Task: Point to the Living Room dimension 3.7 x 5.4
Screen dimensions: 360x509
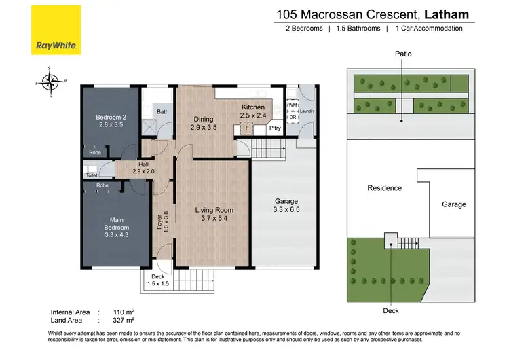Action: click(214, 219)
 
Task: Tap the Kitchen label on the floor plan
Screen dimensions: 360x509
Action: click(254, 107)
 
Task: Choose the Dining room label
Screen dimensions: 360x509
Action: click(203, 120)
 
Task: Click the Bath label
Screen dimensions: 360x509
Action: click(163, 112)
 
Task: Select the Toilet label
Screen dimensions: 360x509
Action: click(92, 175)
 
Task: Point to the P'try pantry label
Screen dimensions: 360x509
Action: click(274, 128)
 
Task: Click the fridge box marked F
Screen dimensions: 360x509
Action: click(247, 128)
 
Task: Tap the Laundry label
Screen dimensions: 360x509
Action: click(306, 111)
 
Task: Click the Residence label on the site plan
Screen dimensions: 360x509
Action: click(384, 188)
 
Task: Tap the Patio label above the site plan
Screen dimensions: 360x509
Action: click(402, 54)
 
